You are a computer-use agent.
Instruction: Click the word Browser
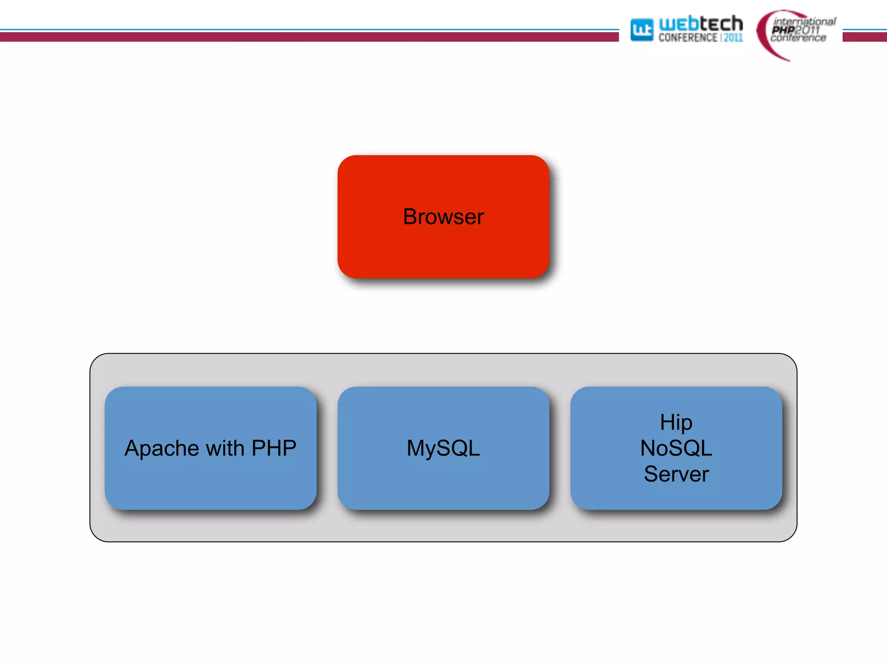tap(443, 216)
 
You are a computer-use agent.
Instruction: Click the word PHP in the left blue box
tap(274, 448)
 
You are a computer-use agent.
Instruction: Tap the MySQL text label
tap(443, 449)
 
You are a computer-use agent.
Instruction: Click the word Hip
tap(676, 423)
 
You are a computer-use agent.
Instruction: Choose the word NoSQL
tap(676, 448)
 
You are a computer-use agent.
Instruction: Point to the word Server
tap(676, 474)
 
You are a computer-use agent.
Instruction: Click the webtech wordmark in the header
tap(700, 24)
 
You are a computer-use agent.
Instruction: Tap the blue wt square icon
tap(641, 30)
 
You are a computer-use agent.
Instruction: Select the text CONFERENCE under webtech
tap(688, 38)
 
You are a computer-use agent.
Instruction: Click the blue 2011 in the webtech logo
tap(733, 38)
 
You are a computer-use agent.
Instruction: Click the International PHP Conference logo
tap(797, 32)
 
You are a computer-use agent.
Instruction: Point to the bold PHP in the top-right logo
tap(783, 30)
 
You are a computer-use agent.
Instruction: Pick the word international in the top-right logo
tap(804, 21)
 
